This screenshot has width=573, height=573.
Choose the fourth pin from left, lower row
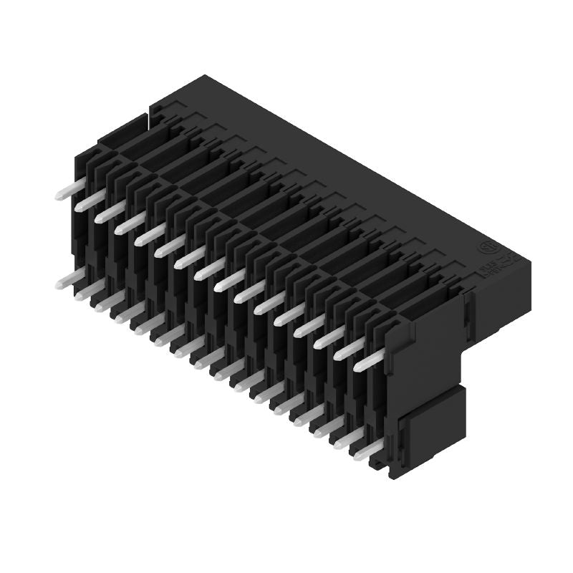coord(118,314)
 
